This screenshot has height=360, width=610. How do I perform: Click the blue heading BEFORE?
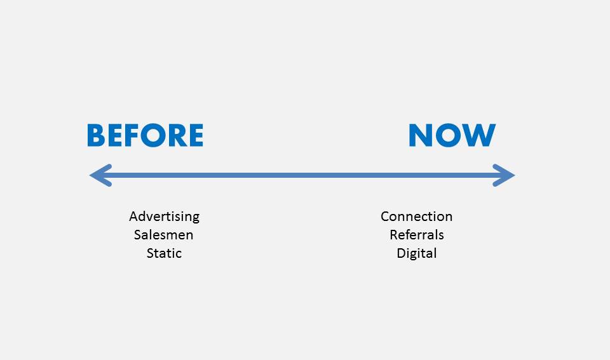[x=145, y=135]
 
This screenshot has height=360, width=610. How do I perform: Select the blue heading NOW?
[x=452, y=135]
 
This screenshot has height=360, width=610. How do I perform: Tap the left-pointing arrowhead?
[x=101, y=175]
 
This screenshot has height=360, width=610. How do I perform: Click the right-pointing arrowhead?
[x=504, y=175]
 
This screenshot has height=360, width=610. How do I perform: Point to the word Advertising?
[x=164, y=217]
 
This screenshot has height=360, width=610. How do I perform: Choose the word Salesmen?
[x=163, y=235]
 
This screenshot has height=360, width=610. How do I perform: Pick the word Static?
[x=164, y=253]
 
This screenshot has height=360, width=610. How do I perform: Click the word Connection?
[x=417, y=217]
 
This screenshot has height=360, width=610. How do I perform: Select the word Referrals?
[x=417, y=235]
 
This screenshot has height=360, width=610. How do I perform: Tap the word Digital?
[x=417, y=253]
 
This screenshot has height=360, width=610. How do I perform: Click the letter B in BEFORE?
[x=96, y=135]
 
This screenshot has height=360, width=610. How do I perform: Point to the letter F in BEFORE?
[x=131, y=135]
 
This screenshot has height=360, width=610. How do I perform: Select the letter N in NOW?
[x=420, y=135]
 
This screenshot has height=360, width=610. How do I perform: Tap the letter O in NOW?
[x=447, y=135]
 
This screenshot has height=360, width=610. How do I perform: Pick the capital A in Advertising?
[x=134, y=216]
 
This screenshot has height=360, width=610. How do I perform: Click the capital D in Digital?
[x=402, y=253]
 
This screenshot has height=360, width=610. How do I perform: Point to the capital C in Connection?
[x=386, y=217]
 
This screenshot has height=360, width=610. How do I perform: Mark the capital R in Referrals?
[x=394, y=235]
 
